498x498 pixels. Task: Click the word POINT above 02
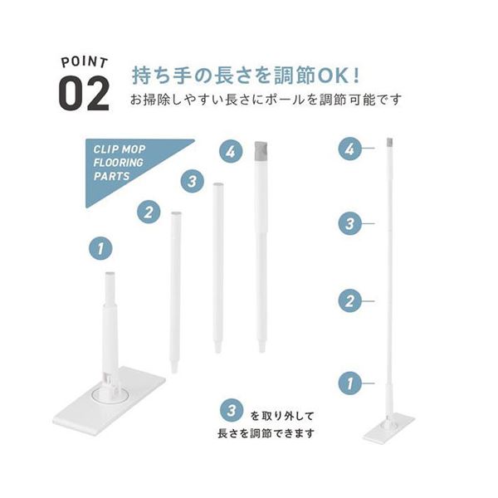pyautogui.click(x=85, y=62)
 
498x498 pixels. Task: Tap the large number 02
pyautogui.click(x=85, y=94)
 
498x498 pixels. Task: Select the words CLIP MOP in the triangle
pyautogui.click(x=119, y=149)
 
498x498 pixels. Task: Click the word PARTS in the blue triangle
pyautogui.click(x=111, y=176)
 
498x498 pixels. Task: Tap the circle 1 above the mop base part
pyautogui.click(x=100, y=248)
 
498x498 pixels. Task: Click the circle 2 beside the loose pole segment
pyautogui.click(x=149, y=212)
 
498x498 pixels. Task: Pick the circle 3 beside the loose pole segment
pyautogui.click(x=193, y=181)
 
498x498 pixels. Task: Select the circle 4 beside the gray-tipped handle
pyautogui.click(x=231, y=151)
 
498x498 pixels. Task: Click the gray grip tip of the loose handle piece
pyautogui.click(x=261, y=152)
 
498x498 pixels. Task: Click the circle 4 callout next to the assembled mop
pyautogui.click(x=349, y=149)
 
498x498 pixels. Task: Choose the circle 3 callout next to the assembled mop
pyautogui.click(x=349, y=223)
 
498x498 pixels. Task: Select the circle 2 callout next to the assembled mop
pyautogui.click(x=349, y=300)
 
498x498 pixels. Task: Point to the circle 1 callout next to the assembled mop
pyautogui.click(x=349, y=383)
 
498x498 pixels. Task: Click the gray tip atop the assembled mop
pyautogui.click(x=390, y=143)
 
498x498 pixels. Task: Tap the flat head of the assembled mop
pyautogui.click(x=388, y=428)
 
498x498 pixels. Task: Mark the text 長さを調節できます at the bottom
pyautogui.click(x=266, y=433)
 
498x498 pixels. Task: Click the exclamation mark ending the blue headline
pyautogui.click(x=356, y=76)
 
